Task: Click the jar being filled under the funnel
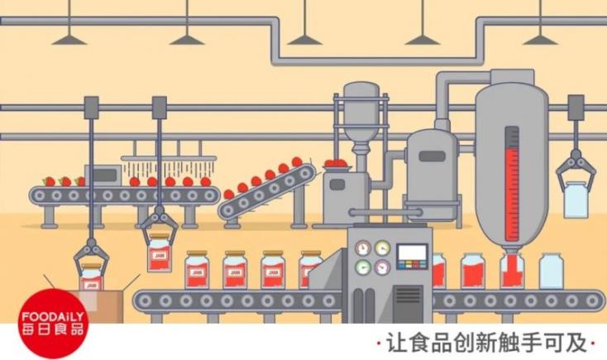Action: coord(511,271)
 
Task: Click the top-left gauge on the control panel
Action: coord(362,247)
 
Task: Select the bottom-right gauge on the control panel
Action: coord(381,267)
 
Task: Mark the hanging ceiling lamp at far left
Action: coord(66,36)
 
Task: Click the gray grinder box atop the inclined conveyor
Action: coord(338,183)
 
